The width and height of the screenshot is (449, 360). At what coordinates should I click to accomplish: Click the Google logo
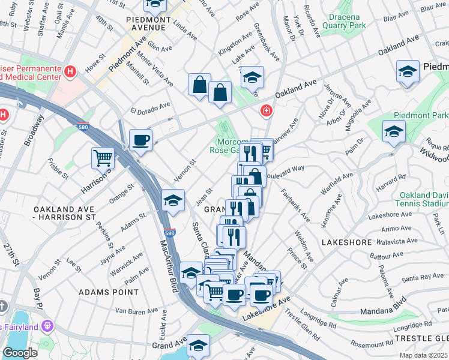tap(20, 352)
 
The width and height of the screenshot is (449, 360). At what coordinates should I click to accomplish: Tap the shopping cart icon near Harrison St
tap(103, 159)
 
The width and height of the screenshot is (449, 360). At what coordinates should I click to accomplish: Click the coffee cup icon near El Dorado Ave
tap(140, 141)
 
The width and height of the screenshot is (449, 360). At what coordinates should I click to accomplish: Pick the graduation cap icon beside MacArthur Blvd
tap(173, 200)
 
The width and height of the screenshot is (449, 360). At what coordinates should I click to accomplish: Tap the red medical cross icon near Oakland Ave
tap(265, 111)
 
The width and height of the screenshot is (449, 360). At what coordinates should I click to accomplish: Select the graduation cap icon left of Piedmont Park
tap(394, 131)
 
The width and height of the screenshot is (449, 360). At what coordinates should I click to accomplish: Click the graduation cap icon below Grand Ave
tap(198, 346)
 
